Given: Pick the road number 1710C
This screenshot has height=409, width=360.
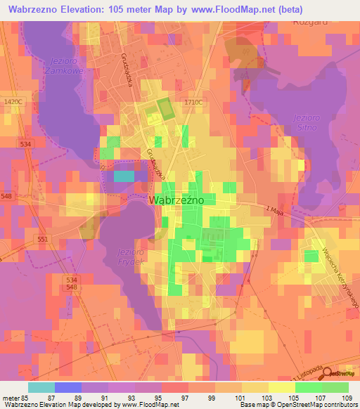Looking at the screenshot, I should click(x=193, y=103).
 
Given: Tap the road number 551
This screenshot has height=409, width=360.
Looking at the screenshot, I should click(x=42, y=240).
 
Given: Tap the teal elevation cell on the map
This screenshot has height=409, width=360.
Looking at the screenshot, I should click(x=124, y=176).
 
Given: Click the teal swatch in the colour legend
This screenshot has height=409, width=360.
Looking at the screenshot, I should click(x=41, y=387).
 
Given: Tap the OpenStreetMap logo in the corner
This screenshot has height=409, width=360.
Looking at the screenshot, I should click(x=342, y=372).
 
